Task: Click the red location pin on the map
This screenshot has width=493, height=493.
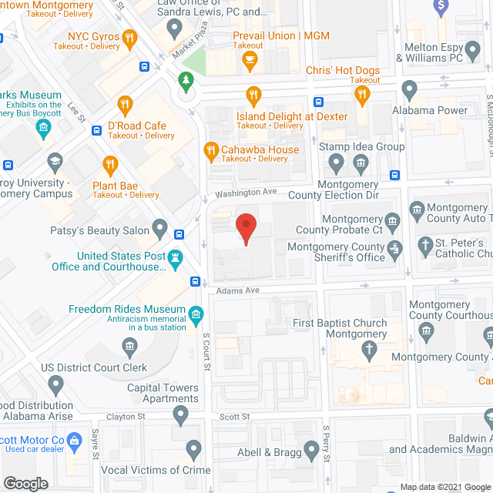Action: pos(245,228)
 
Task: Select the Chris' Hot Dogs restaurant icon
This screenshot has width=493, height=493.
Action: pos(362,95)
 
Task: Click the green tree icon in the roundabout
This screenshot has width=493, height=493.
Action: pos(185,79)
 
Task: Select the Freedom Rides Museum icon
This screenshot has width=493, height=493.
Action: pos(196,314)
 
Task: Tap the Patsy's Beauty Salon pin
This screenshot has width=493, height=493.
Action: pos(160,228)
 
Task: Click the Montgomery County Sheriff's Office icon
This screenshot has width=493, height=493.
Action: pos(395,248)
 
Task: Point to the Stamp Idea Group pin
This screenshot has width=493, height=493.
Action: pos(336,163)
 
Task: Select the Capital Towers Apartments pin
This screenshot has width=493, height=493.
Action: pos(181,416)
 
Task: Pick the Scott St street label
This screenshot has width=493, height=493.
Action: pos(235,417)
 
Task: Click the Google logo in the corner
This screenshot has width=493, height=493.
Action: pos(25,483)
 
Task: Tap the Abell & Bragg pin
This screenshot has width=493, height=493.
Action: pos(312,449)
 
